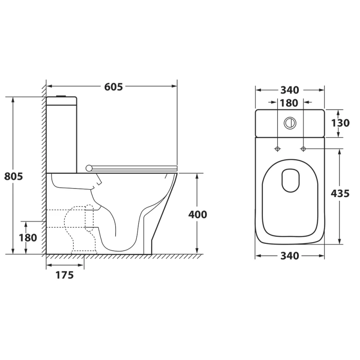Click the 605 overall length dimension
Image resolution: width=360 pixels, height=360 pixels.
[113, 87]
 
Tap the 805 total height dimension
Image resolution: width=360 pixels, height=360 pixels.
[13, 176]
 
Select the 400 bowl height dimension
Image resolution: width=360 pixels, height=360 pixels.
[198, 215]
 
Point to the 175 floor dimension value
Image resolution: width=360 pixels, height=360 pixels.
[65, 275]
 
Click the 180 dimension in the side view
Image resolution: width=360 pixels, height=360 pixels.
[28, 238]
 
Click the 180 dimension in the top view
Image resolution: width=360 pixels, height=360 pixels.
[289, 103]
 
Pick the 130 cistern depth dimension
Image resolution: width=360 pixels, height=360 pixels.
[340, 123]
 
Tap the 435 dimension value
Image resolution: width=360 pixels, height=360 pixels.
[340, 193]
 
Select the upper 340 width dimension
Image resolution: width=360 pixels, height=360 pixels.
[290, 90]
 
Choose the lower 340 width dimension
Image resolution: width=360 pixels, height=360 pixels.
[290, 256]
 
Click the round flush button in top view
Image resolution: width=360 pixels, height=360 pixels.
[290, 123]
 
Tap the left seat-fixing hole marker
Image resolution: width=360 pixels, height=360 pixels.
[278, 149]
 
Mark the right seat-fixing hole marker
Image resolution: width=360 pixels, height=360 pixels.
[303, 149]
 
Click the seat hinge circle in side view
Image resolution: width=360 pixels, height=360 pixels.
[89, 168]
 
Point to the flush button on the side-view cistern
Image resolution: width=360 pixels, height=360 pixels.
[61, 96]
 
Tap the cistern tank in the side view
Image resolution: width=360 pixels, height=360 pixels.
[62, 135]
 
